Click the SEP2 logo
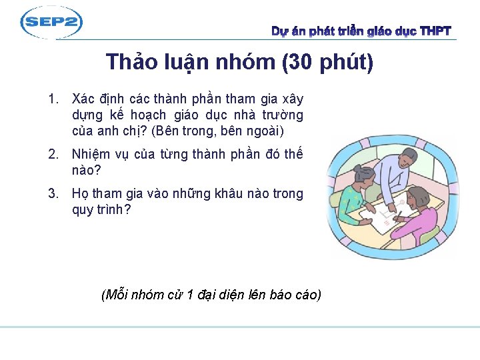point(51,23)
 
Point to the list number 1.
point(52,100)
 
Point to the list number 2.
point(52,155)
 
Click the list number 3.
point(52,194)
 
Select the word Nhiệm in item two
point(92,155)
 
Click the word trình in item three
point(113,210)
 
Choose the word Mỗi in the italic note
point(116,295)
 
